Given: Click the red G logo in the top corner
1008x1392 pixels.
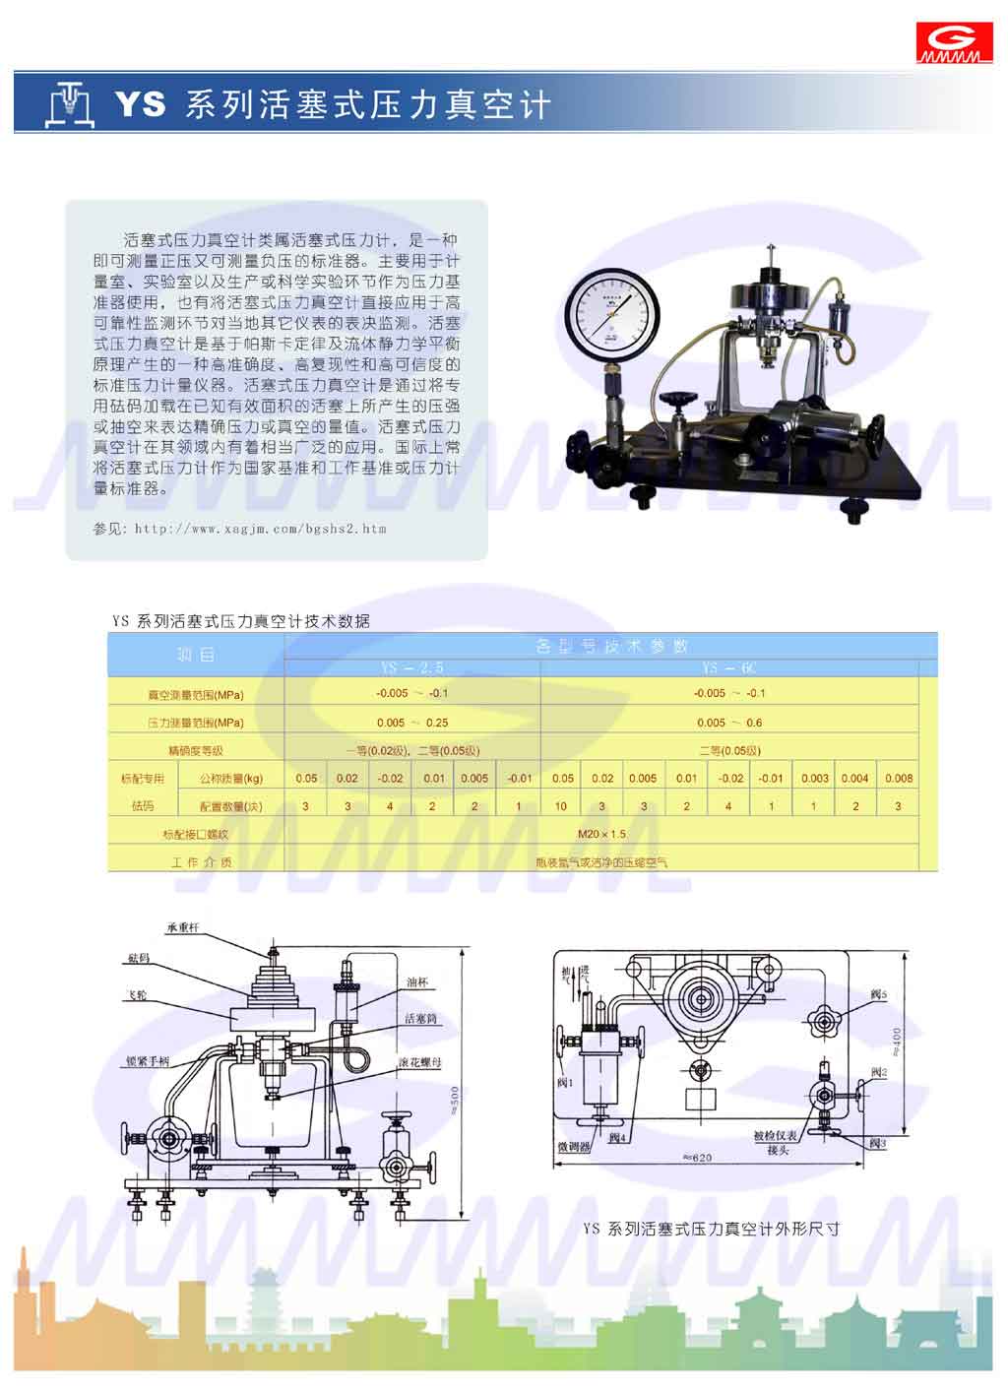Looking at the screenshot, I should [x=953, y=43].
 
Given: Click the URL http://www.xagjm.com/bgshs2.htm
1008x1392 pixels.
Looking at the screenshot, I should [x=260, y=529].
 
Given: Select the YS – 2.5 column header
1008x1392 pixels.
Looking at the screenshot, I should [x=411, y=668].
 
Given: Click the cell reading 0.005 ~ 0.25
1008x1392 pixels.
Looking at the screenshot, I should [x=411, y=722].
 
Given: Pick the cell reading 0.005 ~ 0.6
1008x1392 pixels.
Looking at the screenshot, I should [x=728, y=722].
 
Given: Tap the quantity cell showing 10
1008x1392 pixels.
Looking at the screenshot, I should [x=561, y=806].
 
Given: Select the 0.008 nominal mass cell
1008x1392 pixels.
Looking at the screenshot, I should [x=898, y=778].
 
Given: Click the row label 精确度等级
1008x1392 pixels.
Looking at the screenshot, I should [x=195, y=750].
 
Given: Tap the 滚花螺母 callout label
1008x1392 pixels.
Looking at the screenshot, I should [x=419, y=1063].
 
